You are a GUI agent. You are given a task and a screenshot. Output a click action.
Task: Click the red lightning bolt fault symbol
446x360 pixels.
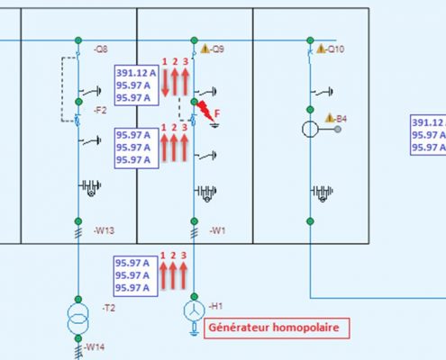click(205, 111)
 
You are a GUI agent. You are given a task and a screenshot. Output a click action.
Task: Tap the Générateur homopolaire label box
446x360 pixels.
click(277, 328)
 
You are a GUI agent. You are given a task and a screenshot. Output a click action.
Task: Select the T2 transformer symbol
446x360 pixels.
click(78, 319)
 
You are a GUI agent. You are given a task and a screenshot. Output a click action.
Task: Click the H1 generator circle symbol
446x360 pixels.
click(195, 310)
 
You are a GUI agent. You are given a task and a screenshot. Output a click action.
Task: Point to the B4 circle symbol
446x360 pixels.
click(310, 130)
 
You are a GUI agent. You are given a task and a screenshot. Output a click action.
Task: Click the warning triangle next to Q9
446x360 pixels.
click(205, 49)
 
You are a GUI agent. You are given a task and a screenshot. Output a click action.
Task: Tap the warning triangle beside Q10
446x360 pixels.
click(321, 49)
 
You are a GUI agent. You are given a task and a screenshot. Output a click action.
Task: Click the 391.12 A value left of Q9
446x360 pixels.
click(136, 73)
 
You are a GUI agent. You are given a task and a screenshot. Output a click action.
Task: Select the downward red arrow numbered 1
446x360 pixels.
click(165, 83)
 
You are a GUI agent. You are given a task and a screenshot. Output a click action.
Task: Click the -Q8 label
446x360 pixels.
click(101, 49)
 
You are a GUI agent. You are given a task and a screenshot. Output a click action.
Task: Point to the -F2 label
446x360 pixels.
click(100, 111)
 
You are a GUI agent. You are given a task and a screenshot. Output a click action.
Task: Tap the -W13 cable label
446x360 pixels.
click(104, 230)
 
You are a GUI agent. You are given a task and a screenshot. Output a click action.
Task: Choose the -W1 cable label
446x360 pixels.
click(217, 230)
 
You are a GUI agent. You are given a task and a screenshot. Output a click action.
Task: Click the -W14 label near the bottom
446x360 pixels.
click(95, 347)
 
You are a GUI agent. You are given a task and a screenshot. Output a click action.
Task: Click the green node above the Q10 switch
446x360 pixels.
click(310, 40)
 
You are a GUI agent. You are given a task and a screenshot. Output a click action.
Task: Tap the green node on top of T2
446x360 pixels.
click(78, 299)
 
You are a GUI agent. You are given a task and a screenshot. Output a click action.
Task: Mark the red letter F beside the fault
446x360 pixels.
click(217, 113)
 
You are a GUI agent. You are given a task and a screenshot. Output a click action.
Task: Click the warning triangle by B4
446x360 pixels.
click(330, 118)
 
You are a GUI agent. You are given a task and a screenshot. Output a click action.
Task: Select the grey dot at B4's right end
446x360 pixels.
click(338, 130)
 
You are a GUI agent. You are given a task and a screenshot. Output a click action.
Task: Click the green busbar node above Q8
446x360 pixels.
click(78, 40)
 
